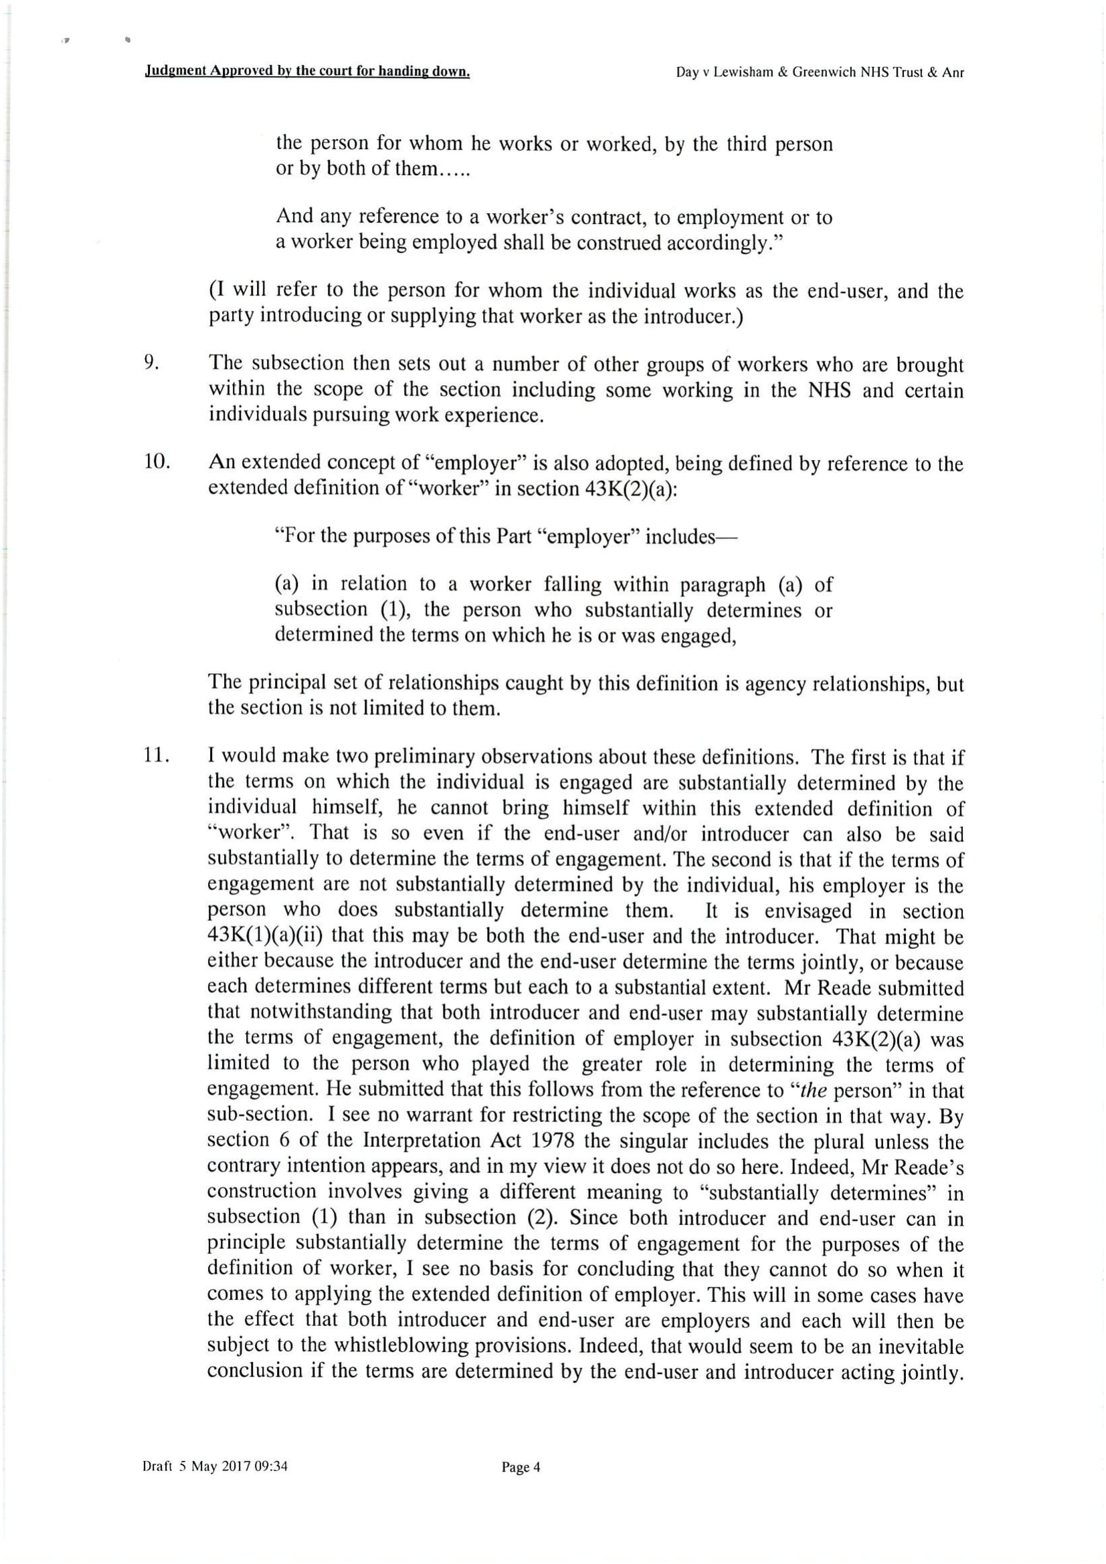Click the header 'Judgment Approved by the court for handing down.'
coord(306,72)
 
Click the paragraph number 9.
coord(151,363)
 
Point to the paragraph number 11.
coord(156,756)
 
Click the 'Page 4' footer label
coord(521,1467)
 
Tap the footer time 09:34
coord(270,1466)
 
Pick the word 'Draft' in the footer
coord(157,1466)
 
